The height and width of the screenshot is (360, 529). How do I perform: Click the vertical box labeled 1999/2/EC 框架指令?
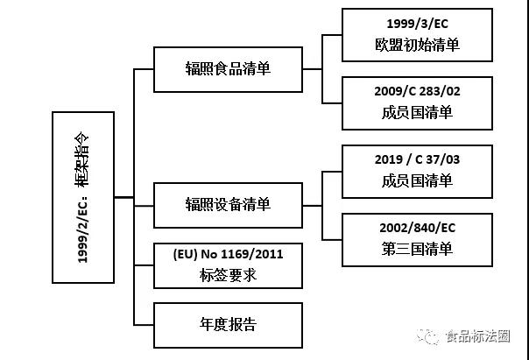click(83, 197)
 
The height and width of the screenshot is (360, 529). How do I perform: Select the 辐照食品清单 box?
click(228, 68)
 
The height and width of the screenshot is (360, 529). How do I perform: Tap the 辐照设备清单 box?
click(228, 204)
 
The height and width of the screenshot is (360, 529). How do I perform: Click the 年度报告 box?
click(228, 324)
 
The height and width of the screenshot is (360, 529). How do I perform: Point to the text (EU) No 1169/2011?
click(228, 255)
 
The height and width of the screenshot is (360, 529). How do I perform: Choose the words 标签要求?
click(228, 275)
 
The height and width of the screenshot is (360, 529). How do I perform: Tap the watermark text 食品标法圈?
click(478, 335)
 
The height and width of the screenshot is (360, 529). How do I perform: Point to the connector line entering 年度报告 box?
click(144, 325)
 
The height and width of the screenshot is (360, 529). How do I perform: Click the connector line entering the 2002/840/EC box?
click(332, 239)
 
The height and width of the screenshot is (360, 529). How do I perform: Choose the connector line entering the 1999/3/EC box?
click(332, 35)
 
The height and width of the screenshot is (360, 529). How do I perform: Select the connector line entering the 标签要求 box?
click(144, 265)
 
